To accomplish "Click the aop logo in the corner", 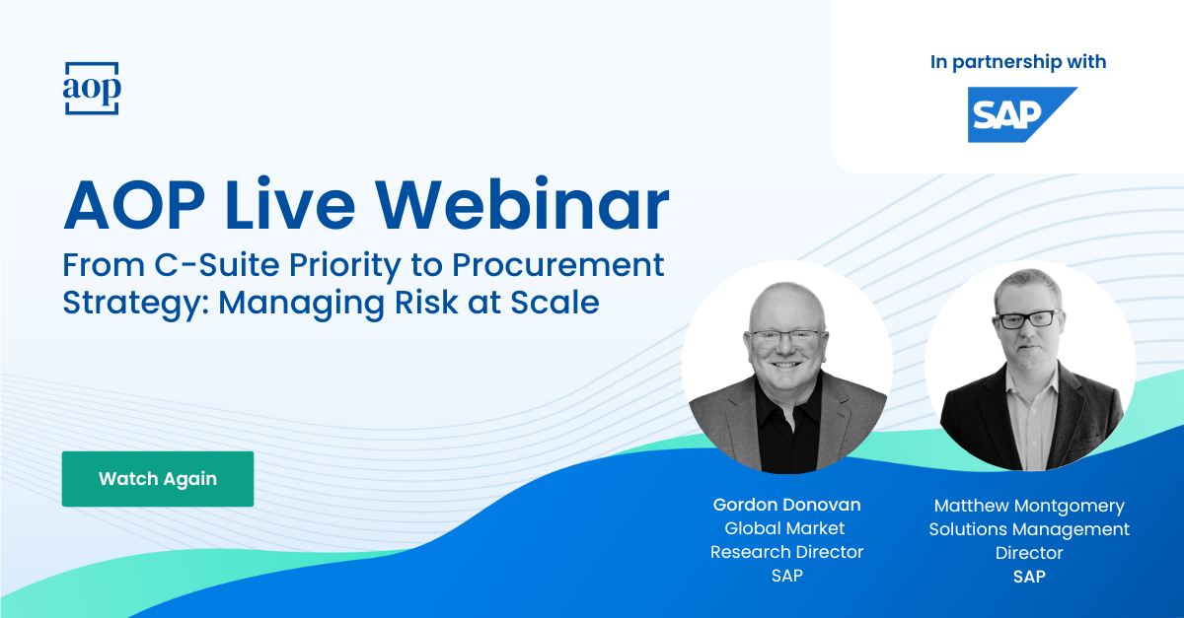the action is coord(92,88).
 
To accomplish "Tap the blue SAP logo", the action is coord(1022,114).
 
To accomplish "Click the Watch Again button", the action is coord(158,479).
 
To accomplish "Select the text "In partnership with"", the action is coord(1018,62).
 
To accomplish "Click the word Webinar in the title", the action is coord(522,204).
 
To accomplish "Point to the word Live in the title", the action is coord(290,204).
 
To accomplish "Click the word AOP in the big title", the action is coord(134,204).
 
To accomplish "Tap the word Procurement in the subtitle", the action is coord(557,264).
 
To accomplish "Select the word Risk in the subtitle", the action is coord(426,303).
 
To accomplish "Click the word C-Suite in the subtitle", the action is coord(217,264).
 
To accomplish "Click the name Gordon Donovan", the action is coord(786,505).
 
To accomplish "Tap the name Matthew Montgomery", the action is coord(1029,506).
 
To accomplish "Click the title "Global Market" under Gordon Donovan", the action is coord(784,528).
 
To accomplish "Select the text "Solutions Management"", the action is coord(1029,529).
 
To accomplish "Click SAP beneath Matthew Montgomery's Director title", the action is coord(1029,577).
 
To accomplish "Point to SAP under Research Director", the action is coord(786,576).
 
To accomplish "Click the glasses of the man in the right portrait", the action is coord(1027,319).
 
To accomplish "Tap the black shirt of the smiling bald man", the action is coord(786,428).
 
